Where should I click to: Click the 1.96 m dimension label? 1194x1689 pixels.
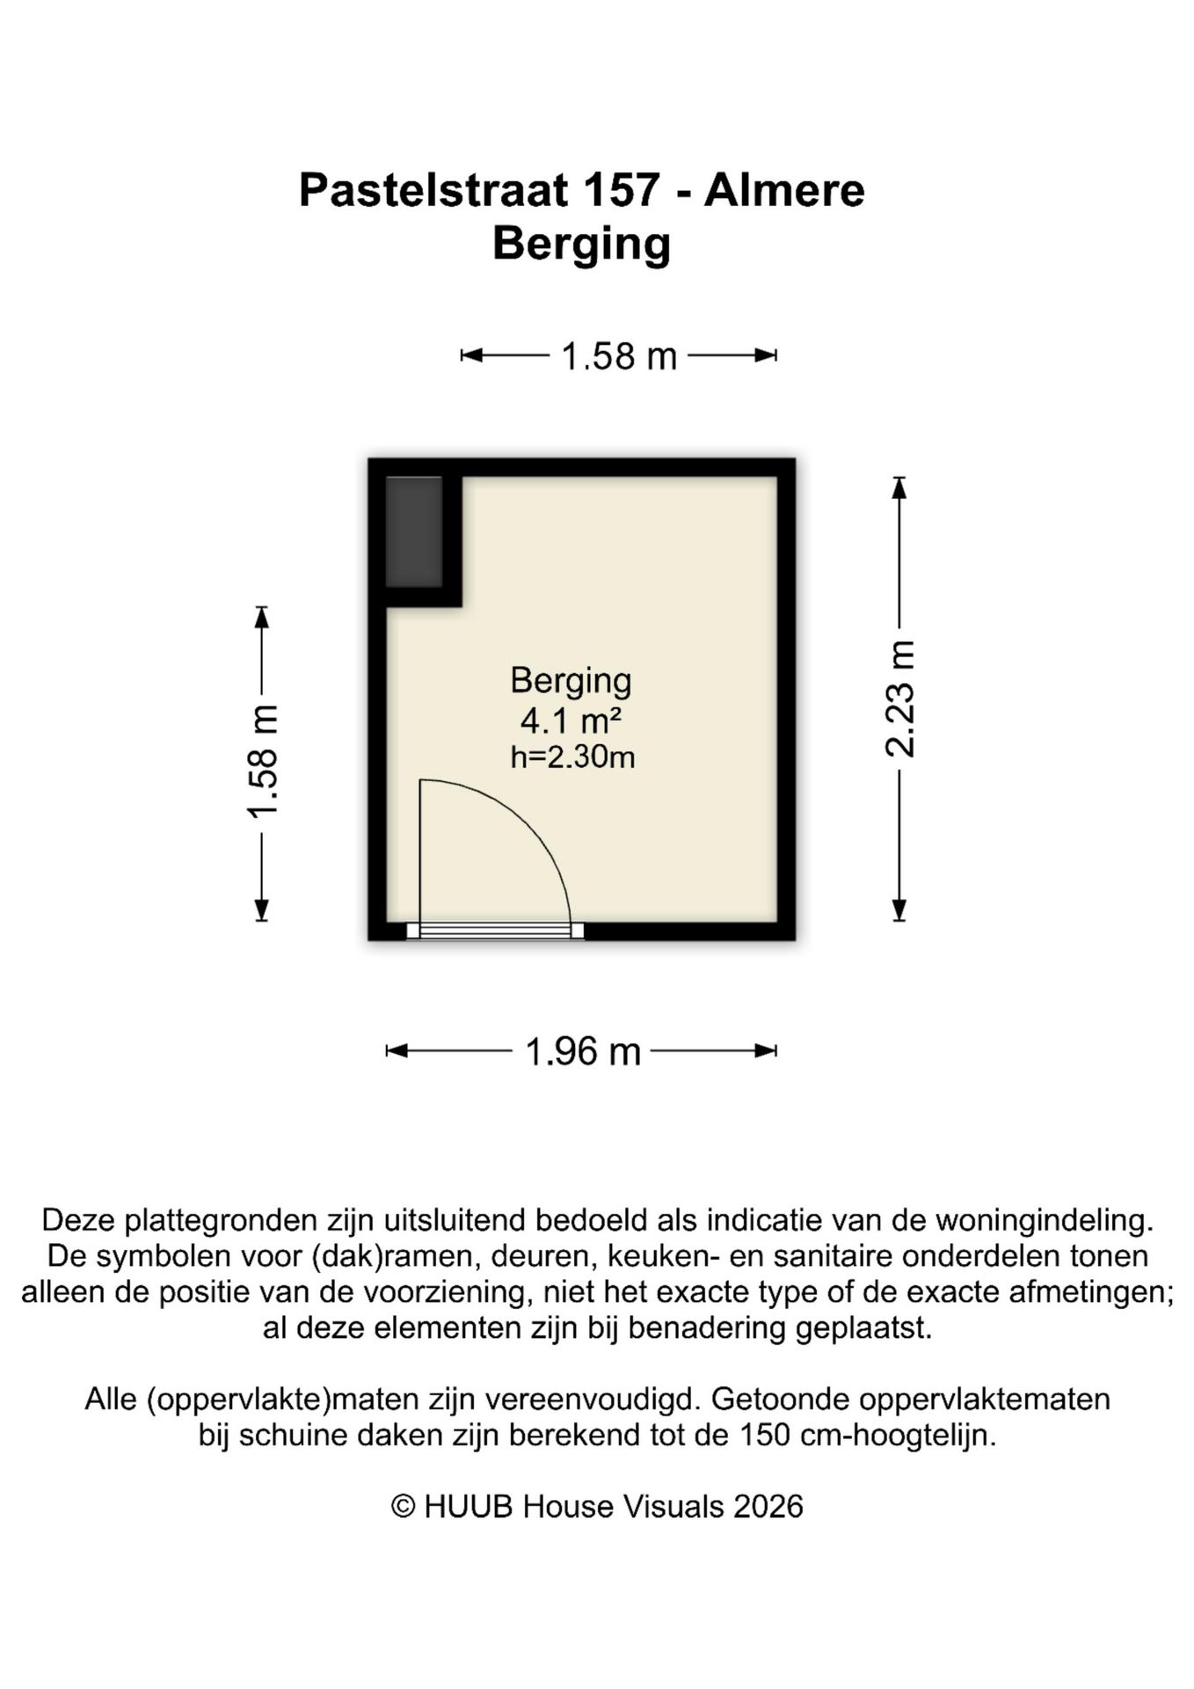582,1051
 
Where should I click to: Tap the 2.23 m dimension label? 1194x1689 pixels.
899,699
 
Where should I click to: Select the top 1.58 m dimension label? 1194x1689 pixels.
619,356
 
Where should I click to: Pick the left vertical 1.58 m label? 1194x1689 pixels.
262,762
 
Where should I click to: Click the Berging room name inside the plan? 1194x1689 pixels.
571,680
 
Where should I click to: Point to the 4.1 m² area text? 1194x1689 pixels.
571,720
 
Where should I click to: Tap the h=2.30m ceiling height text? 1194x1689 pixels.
572,757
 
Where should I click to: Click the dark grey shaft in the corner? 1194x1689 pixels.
414,531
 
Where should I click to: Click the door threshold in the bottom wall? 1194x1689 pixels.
495,931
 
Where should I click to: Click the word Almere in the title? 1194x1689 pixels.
784,190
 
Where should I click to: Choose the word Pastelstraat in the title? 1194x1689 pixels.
434,190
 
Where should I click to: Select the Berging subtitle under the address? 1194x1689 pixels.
581,244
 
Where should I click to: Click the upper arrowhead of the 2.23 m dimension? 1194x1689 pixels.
899,486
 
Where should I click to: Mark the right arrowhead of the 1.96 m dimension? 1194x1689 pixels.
767,1050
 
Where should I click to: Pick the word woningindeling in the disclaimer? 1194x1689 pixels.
1042,1220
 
